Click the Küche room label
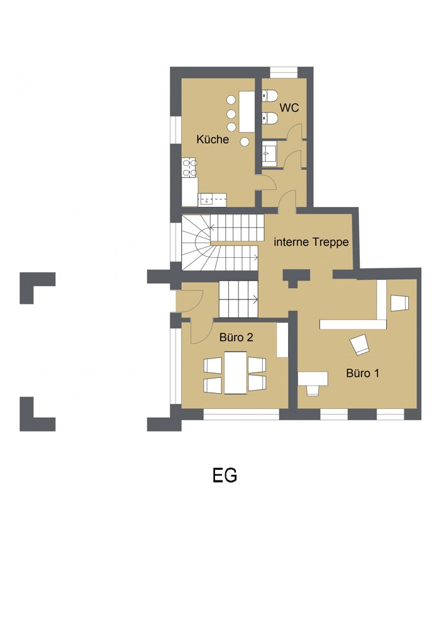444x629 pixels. point(213,139)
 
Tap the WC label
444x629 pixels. point(289,108)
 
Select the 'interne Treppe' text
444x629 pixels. point(311,242)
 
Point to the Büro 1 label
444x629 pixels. point(363,373)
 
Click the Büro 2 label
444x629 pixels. point(236,337)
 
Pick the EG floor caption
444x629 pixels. point(225,476)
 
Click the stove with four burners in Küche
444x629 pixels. point(189,168)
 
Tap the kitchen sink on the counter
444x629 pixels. point(212,199)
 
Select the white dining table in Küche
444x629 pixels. point(247,111)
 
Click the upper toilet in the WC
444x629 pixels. point(270,96)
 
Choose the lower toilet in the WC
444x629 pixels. point(270,118)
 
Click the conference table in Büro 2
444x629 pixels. point(235,372)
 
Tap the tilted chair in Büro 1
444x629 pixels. point(360,345)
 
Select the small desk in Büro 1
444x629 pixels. point(313,379)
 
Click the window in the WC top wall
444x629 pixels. point(284,72)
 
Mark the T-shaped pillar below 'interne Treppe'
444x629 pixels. point(296,278)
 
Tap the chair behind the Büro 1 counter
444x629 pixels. point(399,303)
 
